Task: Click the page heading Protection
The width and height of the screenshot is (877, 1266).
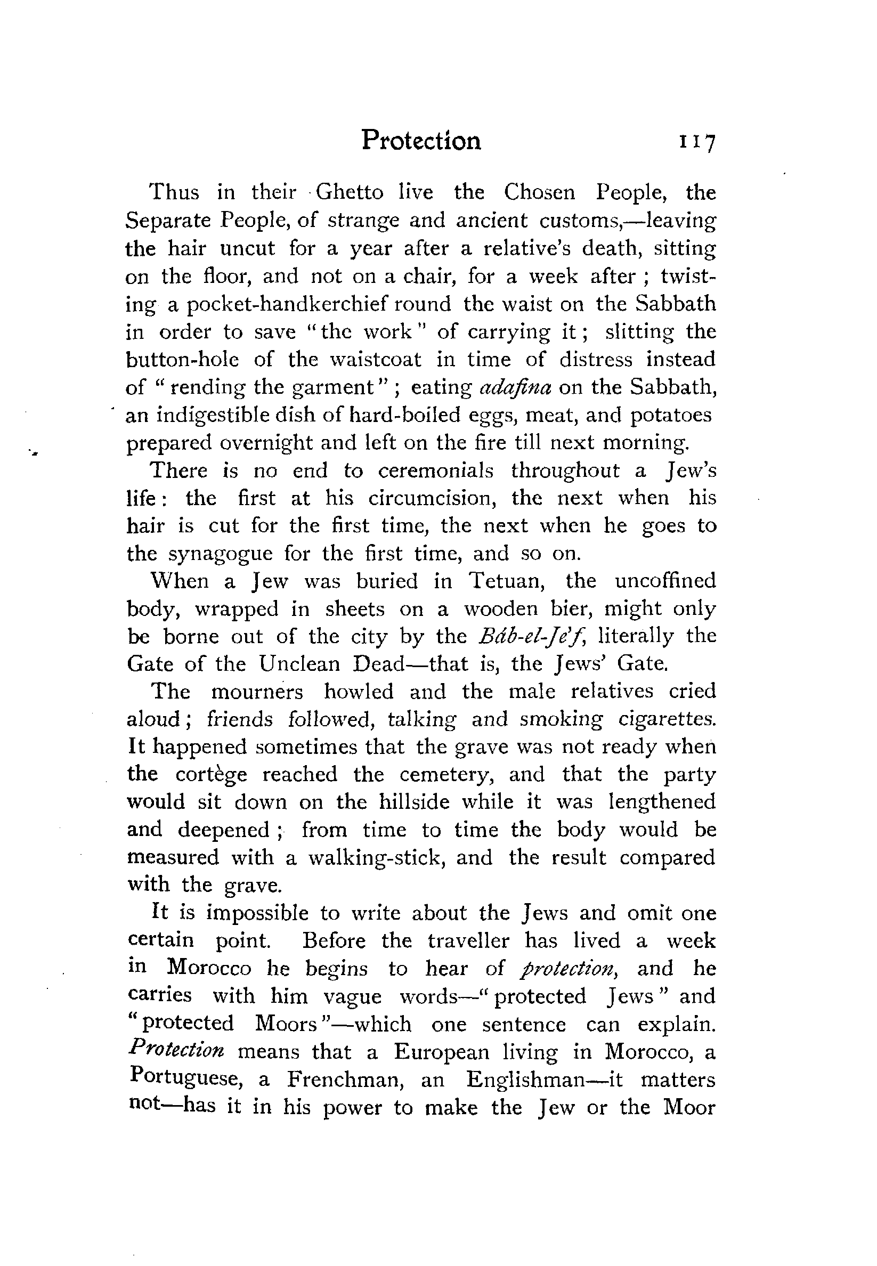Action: pos(421,140)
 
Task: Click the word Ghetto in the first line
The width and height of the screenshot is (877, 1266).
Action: pos(350,192)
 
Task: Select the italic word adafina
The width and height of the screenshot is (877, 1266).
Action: pos(515,387)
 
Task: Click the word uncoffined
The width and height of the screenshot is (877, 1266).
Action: pos(665,581)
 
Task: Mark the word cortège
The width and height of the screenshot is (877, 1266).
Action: pos(211,775)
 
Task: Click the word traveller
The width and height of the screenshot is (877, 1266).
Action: pos(468,941)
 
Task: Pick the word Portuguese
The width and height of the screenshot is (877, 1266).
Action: pos(186,1080)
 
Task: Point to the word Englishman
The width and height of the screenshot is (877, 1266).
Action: pos(525,1080)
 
